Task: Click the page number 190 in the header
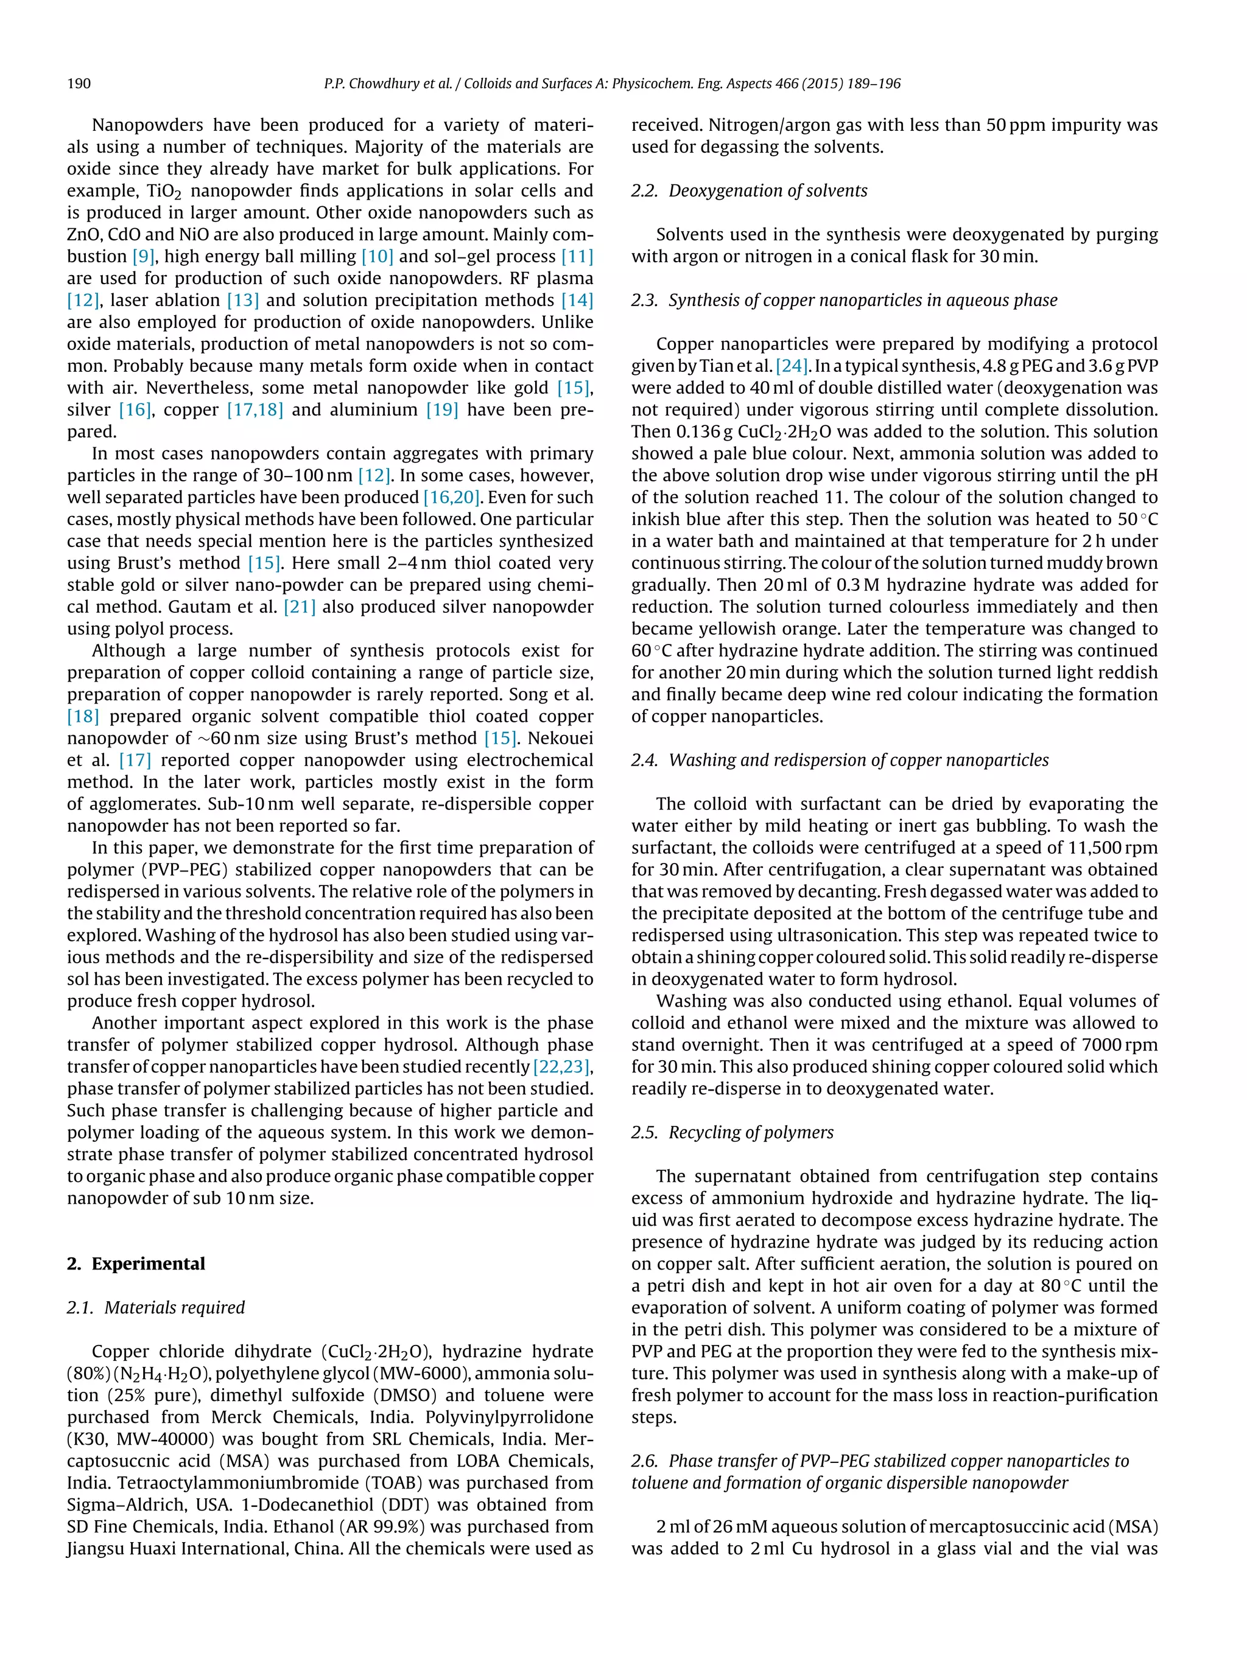tap(79, 83)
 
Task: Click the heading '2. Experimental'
tap(136, 1263)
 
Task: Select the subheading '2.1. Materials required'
tap(156, 1307)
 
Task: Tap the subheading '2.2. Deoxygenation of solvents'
tap(749, 191)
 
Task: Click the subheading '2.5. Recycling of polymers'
tap(732, 1133)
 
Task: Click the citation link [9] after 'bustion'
tap(143, 256)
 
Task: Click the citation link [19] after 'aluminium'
tap(442, 410)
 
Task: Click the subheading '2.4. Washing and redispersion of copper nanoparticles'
tap(840, 759)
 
